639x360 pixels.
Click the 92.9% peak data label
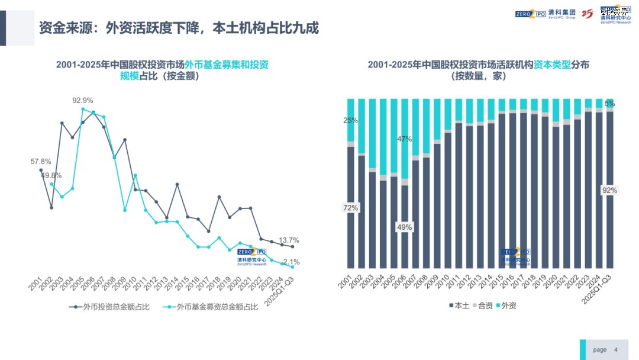coord(83,100)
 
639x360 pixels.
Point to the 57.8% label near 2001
coord(41,161)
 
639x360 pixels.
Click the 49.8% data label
coord(51,175)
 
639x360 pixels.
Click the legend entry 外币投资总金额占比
coord(109,307)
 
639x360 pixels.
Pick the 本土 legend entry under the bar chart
coord(459,306)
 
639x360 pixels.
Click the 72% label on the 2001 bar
coord(350,208)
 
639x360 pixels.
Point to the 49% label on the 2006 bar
coord(404,227)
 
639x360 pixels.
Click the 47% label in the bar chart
coord(404,139)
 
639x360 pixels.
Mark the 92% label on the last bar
coord(609,190)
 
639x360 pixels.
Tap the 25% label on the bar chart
coord(350,120)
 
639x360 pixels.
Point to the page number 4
coord(616,349)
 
